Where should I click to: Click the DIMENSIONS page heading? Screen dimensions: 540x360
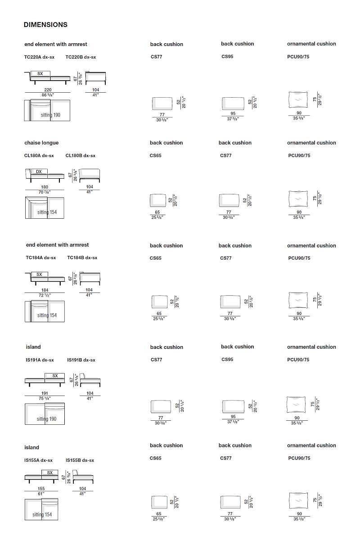coord(45,25)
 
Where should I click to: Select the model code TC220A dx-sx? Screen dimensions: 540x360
coord(40,57)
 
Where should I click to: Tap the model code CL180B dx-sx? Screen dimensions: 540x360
coord(81,156)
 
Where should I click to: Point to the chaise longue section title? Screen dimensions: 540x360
coord(41,143)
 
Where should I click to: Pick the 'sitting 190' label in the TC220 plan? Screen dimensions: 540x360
coord(50,115)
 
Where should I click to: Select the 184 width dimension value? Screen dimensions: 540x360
coord(45,290)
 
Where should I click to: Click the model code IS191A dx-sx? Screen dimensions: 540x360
coord(40,360)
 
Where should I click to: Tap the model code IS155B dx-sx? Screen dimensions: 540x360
coord(80,460)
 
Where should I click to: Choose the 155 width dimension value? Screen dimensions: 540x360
coord(41,489)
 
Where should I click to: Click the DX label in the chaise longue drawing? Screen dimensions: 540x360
coord(39,171)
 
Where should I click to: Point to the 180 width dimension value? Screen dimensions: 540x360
coord(45,187)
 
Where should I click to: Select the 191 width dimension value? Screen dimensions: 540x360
coord(45,393)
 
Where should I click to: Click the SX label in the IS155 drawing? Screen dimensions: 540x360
coord(49,473)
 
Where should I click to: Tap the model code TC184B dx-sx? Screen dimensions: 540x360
coord(82,258)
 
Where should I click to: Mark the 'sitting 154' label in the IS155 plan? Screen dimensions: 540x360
coord(42,515)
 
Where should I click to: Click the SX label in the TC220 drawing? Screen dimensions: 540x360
coord(40,73)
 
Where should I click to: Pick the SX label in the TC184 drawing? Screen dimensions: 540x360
coord(39,274)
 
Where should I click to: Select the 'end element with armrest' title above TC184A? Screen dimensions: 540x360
coord(57,245)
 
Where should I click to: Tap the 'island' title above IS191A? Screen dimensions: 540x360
coord(33,347)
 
